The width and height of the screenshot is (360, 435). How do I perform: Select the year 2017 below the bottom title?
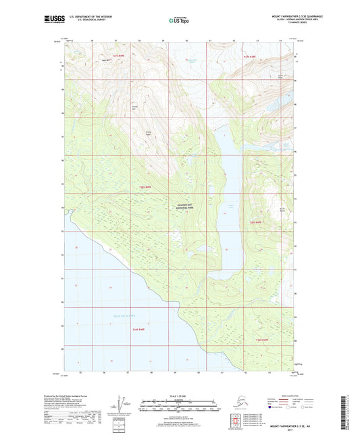288,431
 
